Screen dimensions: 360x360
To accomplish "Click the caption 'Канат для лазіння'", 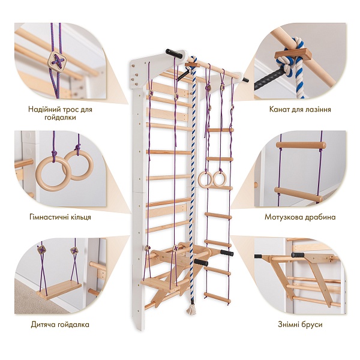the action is [300, 109].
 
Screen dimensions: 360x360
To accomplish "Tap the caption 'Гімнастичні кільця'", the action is [60, 217].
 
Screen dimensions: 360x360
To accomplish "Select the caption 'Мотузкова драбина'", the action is [300, 217].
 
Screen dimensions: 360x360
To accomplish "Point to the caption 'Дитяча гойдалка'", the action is [60, 325].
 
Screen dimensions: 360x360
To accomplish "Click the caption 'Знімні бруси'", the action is [300, 325].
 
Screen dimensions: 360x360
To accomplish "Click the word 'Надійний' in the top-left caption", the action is [44, 109].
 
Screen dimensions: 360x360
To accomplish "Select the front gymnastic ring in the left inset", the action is [53, 174].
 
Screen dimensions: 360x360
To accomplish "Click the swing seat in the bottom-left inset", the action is [59, 290].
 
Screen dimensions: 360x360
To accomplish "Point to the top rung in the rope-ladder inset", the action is [301, 145].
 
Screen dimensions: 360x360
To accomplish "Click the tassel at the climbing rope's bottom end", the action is [191, 310].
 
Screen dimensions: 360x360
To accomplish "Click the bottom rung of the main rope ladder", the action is [217, 297].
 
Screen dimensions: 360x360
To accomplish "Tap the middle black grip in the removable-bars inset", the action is [298, 255].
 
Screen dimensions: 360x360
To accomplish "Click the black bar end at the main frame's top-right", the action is [245, 80].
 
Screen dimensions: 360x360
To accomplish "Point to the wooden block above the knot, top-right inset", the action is [293, 55].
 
